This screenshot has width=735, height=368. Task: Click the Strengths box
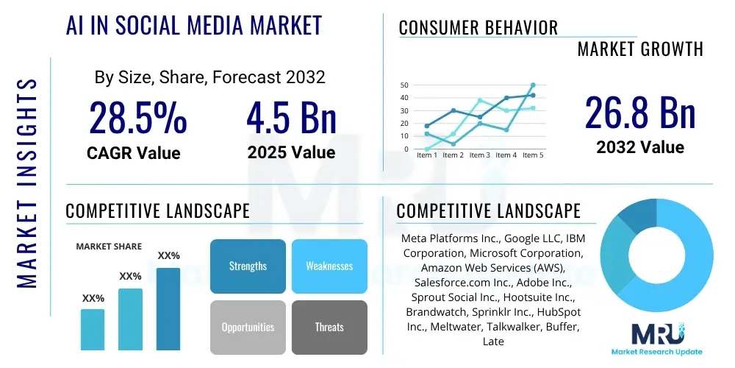248,266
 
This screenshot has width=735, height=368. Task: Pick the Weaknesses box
329,266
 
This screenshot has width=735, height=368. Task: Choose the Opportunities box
248,327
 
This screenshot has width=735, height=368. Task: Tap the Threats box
329,327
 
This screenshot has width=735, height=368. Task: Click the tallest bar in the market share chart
168,308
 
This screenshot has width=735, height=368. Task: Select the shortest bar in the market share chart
93,329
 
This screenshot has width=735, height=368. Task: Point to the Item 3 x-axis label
480,155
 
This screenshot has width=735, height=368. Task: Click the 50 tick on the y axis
404,85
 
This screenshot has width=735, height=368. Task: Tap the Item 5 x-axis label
532,155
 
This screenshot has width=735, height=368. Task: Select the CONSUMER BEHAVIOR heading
478,28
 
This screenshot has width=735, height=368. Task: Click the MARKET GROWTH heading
640,49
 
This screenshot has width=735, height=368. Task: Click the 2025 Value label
291,153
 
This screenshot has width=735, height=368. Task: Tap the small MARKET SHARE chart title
109,247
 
